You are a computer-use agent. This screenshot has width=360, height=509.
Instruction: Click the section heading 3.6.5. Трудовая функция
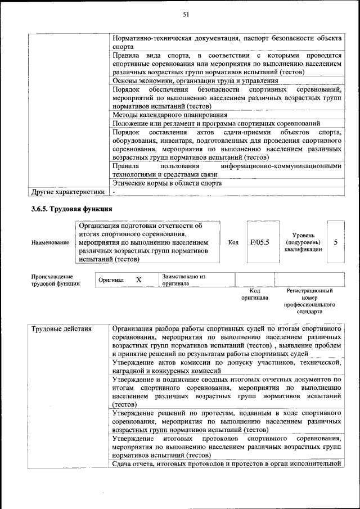pos(72,209)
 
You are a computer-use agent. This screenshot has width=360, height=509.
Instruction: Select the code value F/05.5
pos(259,242)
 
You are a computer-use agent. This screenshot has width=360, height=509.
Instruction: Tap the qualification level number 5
pos(335,242)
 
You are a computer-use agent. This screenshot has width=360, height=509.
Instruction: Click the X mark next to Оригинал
pos(139,280)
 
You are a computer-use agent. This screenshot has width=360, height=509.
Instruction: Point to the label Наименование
pos(51,242)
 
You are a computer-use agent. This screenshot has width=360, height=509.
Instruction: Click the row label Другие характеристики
pos(68,192)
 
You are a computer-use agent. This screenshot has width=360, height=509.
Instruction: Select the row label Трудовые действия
pos(58,328)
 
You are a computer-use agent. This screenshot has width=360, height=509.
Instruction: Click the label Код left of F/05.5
pos(233,242)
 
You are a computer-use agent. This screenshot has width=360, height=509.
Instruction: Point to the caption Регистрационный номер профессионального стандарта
pos(309,300)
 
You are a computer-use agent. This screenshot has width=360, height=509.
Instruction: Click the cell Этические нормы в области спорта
pos(167,183)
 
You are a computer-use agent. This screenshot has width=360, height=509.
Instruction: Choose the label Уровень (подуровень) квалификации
pos(303,242)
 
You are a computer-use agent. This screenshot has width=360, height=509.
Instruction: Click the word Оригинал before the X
pos(111,280)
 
